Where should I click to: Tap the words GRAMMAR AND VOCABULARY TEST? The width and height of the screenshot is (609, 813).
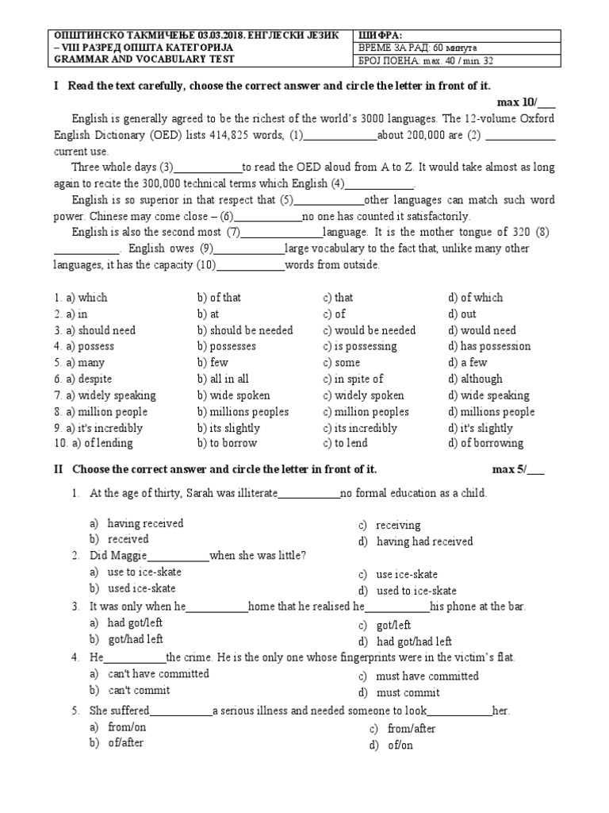click(143, 59)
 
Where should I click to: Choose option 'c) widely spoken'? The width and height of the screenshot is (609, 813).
click(363, 395)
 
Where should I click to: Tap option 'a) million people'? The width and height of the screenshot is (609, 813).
click(101, 412)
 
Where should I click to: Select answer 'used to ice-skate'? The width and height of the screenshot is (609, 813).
click(416, 591)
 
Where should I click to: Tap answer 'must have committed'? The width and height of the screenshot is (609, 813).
click(427, 676)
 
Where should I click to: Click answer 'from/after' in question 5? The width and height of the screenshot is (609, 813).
click(411, 729)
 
